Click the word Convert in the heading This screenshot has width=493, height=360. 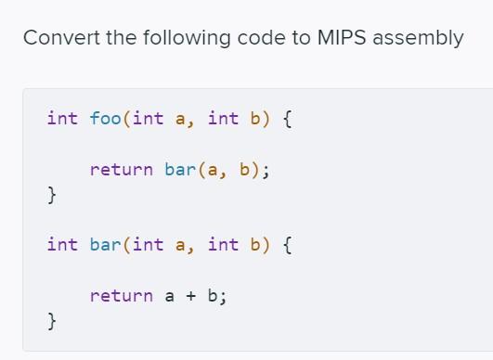pos(58,38)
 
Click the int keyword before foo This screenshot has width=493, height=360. pos(62,118)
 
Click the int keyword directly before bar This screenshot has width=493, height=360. pos(62,245)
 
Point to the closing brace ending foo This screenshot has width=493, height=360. pos(52,195)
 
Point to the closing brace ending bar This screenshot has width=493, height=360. pos(52,322)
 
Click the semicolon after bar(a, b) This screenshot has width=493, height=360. pos(268,170)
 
